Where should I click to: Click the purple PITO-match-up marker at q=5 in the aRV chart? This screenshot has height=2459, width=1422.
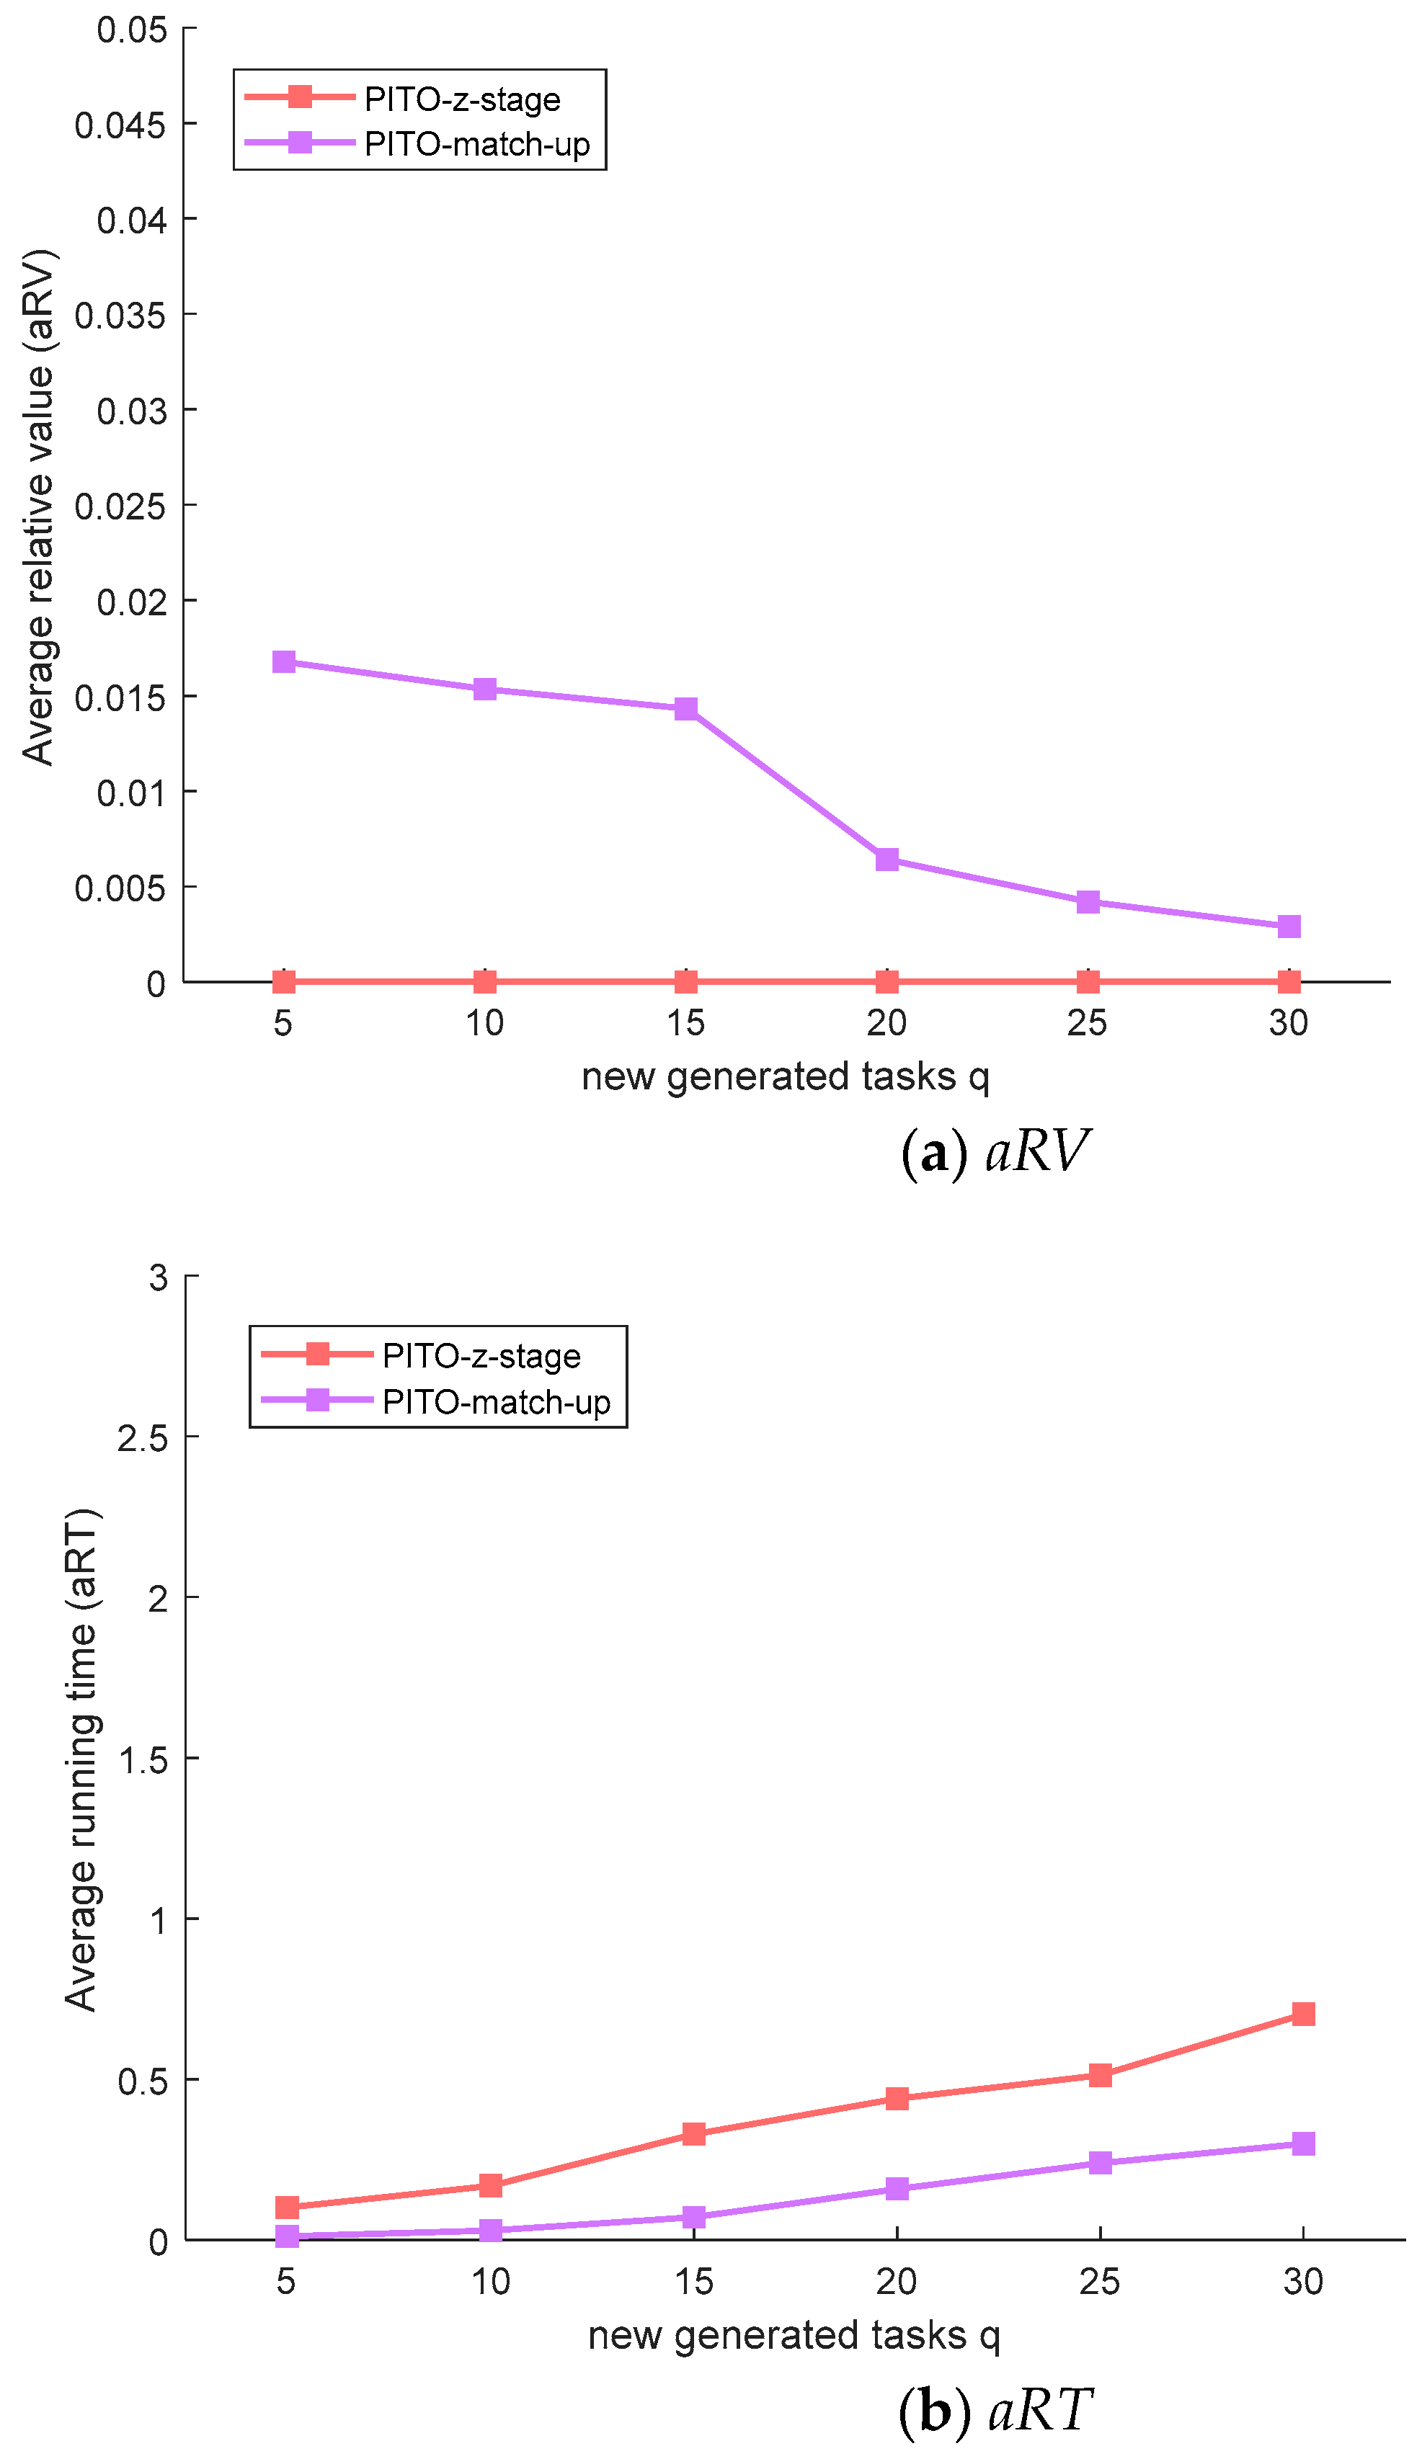[x=283, y=661]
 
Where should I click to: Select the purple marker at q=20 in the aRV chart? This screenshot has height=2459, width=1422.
[x=886, y=860]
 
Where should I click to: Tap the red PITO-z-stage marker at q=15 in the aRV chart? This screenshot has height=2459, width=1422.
[x=685, y=981]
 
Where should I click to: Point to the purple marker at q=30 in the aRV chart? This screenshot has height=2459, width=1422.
[x=1288, y=926]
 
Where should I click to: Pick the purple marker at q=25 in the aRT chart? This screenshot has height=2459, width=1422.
[x=1100, y=2162]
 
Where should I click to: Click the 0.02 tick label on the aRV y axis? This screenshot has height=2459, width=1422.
[x=130, y=601]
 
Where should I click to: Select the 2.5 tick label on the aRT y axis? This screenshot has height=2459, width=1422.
[x=143, y=1438]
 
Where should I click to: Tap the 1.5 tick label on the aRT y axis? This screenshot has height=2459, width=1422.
[x=143, y=1760]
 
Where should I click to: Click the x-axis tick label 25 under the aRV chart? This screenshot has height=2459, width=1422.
[x=1086, y=1022]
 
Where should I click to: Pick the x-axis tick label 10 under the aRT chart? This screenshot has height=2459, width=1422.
[x=490, y=2282]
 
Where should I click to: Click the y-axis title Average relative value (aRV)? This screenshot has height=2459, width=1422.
[x=39, y=507]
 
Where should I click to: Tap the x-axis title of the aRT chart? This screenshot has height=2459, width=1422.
[x=793, y=2336]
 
